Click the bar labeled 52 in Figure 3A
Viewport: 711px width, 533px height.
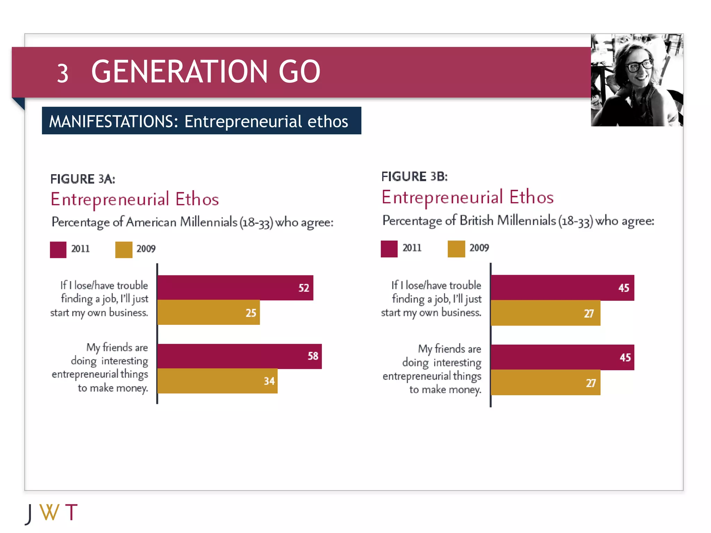pos(235,288)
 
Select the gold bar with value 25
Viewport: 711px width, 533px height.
pos(208,312)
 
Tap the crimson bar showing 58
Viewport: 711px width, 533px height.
pos(239,356)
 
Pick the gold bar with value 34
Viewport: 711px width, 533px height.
pos(217,381)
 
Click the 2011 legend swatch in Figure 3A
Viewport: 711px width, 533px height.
pos(58,249)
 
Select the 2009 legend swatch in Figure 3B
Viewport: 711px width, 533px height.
pos(456,249)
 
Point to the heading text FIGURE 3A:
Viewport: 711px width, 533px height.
pos(83,179)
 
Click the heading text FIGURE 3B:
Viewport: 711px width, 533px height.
pos(414,177)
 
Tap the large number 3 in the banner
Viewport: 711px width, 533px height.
pos(62,74)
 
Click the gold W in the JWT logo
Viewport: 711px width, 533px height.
pos(49,512)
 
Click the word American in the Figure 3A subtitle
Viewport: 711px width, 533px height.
pos(151,222)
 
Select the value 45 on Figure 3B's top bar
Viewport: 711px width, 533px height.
pos(624,288)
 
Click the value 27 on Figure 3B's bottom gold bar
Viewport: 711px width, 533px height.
pos(591,383)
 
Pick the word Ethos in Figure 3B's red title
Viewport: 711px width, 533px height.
pos(531,197)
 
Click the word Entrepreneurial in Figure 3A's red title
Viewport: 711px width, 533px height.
pos(110,199)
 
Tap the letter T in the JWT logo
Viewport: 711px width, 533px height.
pos(71,512)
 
